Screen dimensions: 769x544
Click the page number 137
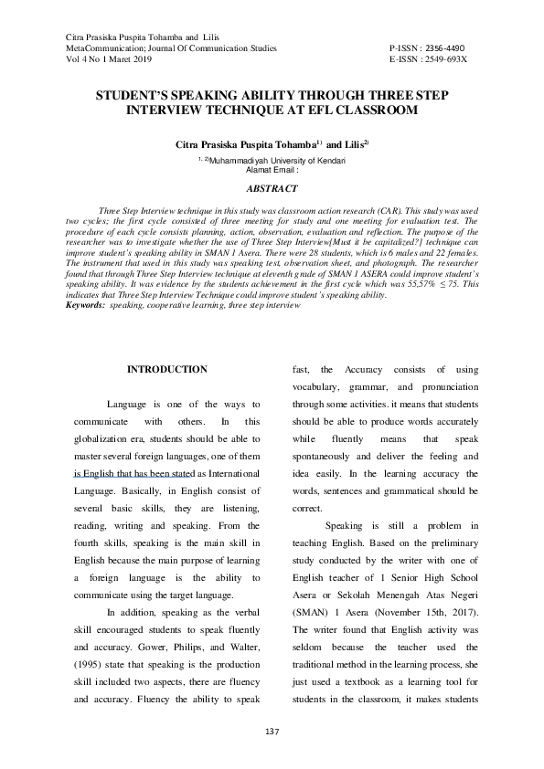click(x=272, y=731)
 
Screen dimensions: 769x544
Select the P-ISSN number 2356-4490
click(x=445, y=47)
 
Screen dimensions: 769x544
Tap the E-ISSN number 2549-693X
click(x=445, y=58)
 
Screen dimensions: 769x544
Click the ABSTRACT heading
click(x=272, y=189)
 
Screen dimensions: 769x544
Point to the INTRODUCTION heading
click(x=166, y=369)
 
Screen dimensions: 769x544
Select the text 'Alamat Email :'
click(x=272, y=169)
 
